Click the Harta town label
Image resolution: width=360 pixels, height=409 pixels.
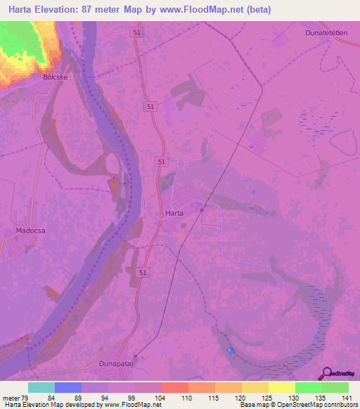pos(174,212)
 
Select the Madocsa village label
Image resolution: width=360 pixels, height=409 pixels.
pos(30,230)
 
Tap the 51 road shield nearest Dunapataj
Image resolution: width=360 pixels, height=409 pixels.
pos(143,271)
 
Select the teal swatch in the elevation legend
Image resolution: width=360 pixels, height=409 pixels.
pos(41,387)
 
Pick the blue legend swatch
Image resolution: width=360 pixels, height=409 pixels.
pos(68,387)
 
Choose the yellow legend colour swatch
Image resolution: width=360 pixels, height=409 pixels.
pos(282,387)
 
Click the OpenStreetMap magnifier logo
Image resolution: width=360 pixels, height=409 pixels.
pos(327,373)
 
